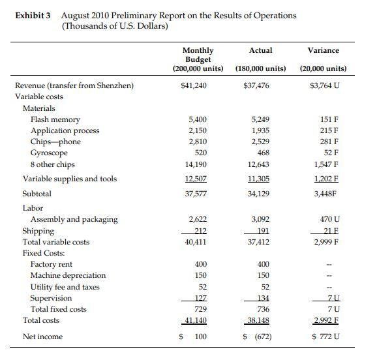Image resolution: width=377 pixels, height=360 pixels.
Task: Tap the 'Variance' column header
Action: click(324, 50)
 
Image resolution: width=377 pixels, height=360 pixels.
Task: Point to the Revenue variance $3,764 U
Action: click(323, 85)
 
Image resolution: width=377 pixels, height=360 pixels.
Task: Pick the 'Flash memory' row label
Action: click(55, 119)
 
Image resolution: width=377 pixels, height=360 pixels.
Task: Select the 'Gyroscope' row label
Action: click(50, 153)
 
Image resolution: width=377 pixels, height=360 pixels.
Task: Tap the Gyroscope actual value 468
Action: click(262, 153)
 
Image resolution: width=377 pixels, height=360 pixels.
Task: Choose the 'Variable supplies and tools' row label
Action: click(70, 179)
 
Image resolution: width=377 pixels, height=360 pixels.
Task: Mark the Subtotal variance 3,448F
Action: click(324, 194)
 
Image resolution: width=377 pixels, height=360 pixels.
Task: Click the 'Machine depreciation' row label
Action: click(68, 275)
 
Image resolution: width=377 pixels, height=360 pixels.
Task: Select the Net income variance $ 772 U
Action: click(324, 337)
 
